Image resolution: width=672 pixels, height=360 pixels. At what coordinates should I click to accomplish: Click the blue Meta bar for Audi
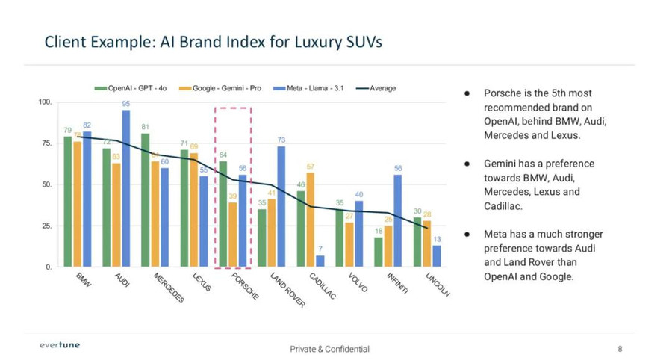point(126,188)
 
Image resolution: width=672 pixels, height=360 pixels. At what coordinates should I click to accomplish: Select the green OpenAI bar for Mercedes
point(145,200)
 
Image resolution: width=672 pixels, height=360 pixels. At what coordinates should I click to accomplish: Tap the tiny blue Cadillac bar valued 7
point(320,261)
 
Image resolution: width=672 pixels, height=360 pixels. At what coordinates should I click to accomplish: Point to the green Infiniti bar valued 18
point(379,252)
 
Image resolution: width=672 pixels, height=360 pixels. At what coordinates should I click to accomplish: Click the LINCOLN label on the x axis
point(438,285)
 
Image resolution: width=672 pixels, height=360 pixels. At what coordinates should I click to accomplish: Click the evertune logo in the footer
point(59,345)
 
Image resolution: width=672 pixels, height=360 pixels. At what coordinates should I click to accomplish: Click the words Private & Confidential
point(329,349)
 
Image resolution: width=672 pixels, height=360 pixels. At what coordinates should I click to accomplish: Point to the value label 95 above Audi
point(126,104)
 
